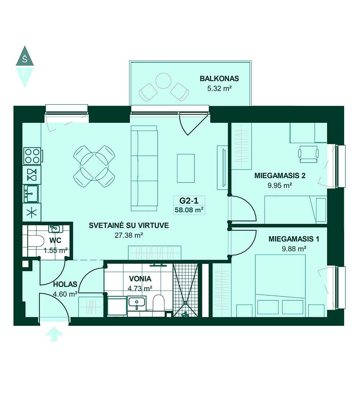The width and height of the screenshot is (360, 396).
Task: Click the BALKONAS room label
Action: tap(219, 78)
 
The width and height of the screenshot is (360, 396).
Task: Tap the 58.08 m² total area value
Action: tap(189, 210)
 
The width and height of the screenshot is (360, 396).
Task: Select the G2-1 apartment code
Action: tap(189, 201)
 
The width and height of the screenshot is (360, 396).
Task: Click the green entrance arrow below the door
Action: tap(54, 334)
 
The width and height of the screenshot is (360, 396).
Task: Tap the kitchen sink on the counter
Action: tap(31, 194)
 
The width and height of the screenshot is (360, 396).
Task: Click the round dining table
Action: tap(94, 167)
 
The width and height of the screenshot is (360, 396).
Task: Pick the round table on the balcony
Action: tap(163, 81)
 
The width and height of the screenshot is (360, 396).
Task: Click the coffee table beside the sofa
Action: tap(186, 168)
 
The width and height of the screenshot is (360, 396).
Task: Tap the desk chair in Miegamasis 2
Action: tap(308, 154)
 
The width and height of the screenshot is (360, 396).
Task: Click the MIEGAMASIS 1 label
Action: tap(294, 239)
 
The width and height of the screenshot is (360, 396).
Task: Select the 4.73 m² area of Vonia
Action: tap(140, 288)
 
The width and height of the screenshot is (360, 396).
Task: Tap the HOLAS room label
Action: tap(65, 284)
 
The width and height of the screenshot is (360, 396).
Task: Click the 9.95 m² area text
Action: tap(280, 185)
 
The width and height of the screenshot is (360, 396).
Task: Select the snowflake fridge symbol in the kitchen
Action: tap(32, 212)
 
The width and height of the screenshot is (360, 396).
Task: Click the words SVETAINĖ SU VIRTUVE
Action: tap(129, 225)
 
